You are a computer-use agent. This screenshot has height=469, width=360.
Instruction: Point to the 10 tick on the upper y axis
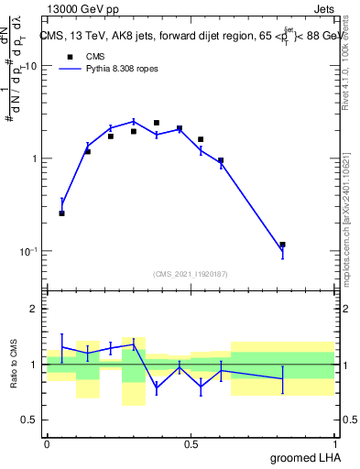click(30, 67)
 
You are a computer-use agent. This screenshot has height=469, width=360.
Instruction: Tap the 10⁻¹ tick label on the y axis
click(27, 250)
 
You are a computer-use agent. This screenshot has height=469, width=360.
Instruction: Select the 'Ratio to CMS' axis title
click(14, 364)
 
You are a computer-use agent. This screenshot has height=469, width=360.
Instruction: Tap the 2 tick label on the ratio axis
click(33, 310)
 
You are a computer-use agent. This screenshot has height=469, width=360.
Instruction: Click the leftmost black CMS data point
click(61, 213)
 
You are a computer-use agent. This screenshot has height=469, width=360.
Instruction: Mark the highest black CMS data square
click(157, 123)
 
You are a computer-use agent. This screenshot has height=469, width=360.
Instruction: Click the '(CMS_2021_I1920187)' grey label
click(191, 273)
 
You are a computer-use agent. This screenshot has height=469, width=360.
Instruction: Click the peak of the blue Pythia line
click(134, 121)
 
